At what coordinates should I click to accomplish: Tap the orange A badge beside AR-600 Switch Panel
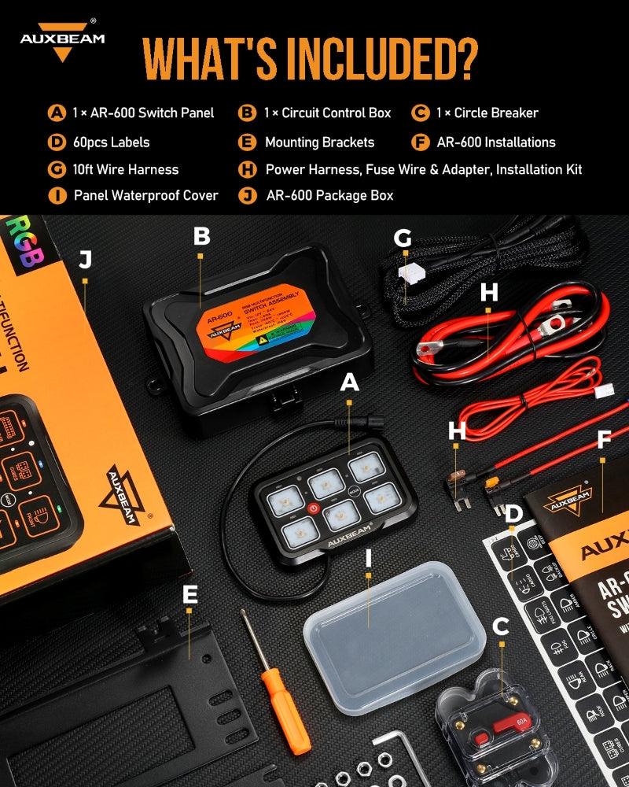point(57,113)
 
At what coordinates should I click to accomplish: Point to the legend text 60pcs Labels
point(110,142)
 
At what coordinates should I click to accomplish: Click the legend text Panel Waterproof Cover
point(146,195)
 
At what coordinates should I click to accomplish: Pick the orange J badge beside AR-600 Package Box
point(248,195)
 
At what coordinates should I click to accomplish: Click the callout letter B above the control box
point(201,236)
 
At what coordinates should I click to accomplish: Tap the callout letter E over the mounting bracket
point(189,595)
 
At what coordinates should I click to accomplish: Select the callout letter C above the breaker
point(500,626)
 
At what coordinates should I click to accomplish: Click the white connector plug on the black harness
point(408,274)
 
